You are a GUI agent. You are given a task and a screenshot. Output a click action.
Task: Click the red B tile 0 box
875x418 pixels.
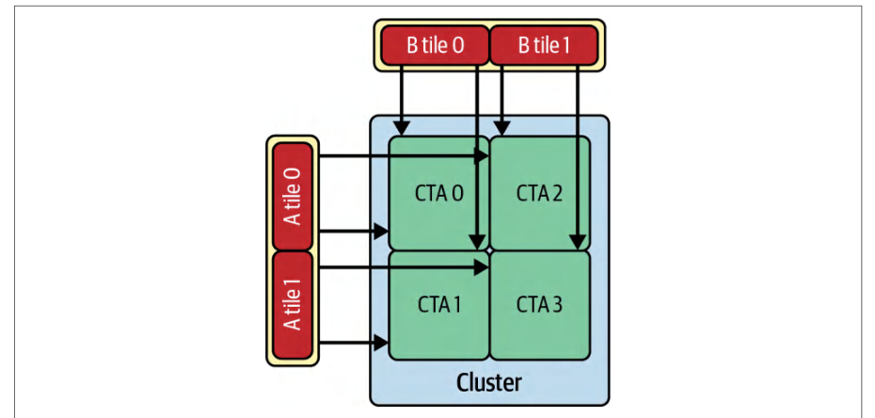(x=435, y=45)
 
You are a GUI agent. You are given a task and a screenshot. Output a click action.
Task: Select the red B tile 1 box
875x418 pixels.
(x=544, y=45)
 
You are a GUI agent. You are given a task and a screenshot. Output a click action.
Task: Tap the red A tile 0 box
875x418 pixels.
(x=293, y=197)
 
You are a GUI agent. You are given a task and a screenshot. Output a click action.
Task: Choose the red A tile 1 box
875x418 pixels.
(x=293, y=305)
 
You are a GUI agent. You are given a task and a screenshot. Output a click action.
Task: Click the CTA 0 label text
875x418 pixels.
(x=439, y=194)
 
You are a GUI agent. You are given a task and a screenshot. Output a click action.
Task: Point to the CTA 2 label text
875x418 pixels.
(x=540, y=194)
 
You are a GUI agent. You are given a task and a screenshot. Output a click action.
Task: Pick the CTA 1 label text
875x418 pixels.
(x=439, y=305)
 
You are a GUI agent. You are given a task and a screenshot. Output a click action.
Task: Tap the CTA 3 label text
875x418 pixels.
(x=540, y=305)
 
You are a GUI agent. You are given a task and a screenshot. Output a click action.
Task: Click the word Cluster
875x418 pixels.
(x=489, y=383)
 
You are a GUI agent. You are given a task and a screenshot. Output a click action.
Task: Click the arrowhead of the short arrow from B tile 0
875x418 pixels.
(x=401, y=127)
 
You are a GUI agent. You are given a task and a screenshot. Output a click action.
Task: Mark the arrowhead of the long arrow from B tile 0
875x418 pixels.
(x=476, y=241)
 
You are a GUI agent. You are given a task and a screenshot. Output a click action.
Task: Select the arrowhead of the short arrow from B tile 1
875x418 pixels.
(x=501, y=127)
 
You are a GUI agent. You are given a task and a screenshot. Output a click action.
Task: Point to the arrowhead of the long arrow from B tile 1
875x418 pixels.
(x=578, y=241)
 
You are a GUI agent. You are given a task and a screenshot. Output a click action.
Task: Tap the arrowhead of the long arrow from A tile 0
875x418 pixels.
(x=482, y=156)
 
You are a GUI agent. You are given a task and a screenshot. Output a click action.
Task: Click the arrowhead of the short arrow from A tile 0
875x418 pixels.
(x=381, y=231)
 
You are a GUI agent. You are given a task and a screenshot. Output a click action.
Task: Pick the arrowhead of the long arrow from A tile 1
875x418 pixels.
(x=482, y=267)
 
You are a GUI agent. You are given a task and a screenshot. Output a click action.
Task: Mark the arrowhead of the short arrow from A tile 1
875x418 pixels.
(x=381, y=343)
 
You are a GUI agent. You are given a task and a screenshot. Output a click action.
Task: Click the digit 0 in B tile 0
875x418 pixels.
(x=458, y=46)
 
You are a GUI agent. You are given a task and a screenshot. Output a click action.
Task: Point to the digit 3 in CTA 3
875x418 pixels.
(x=559, y=305)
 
